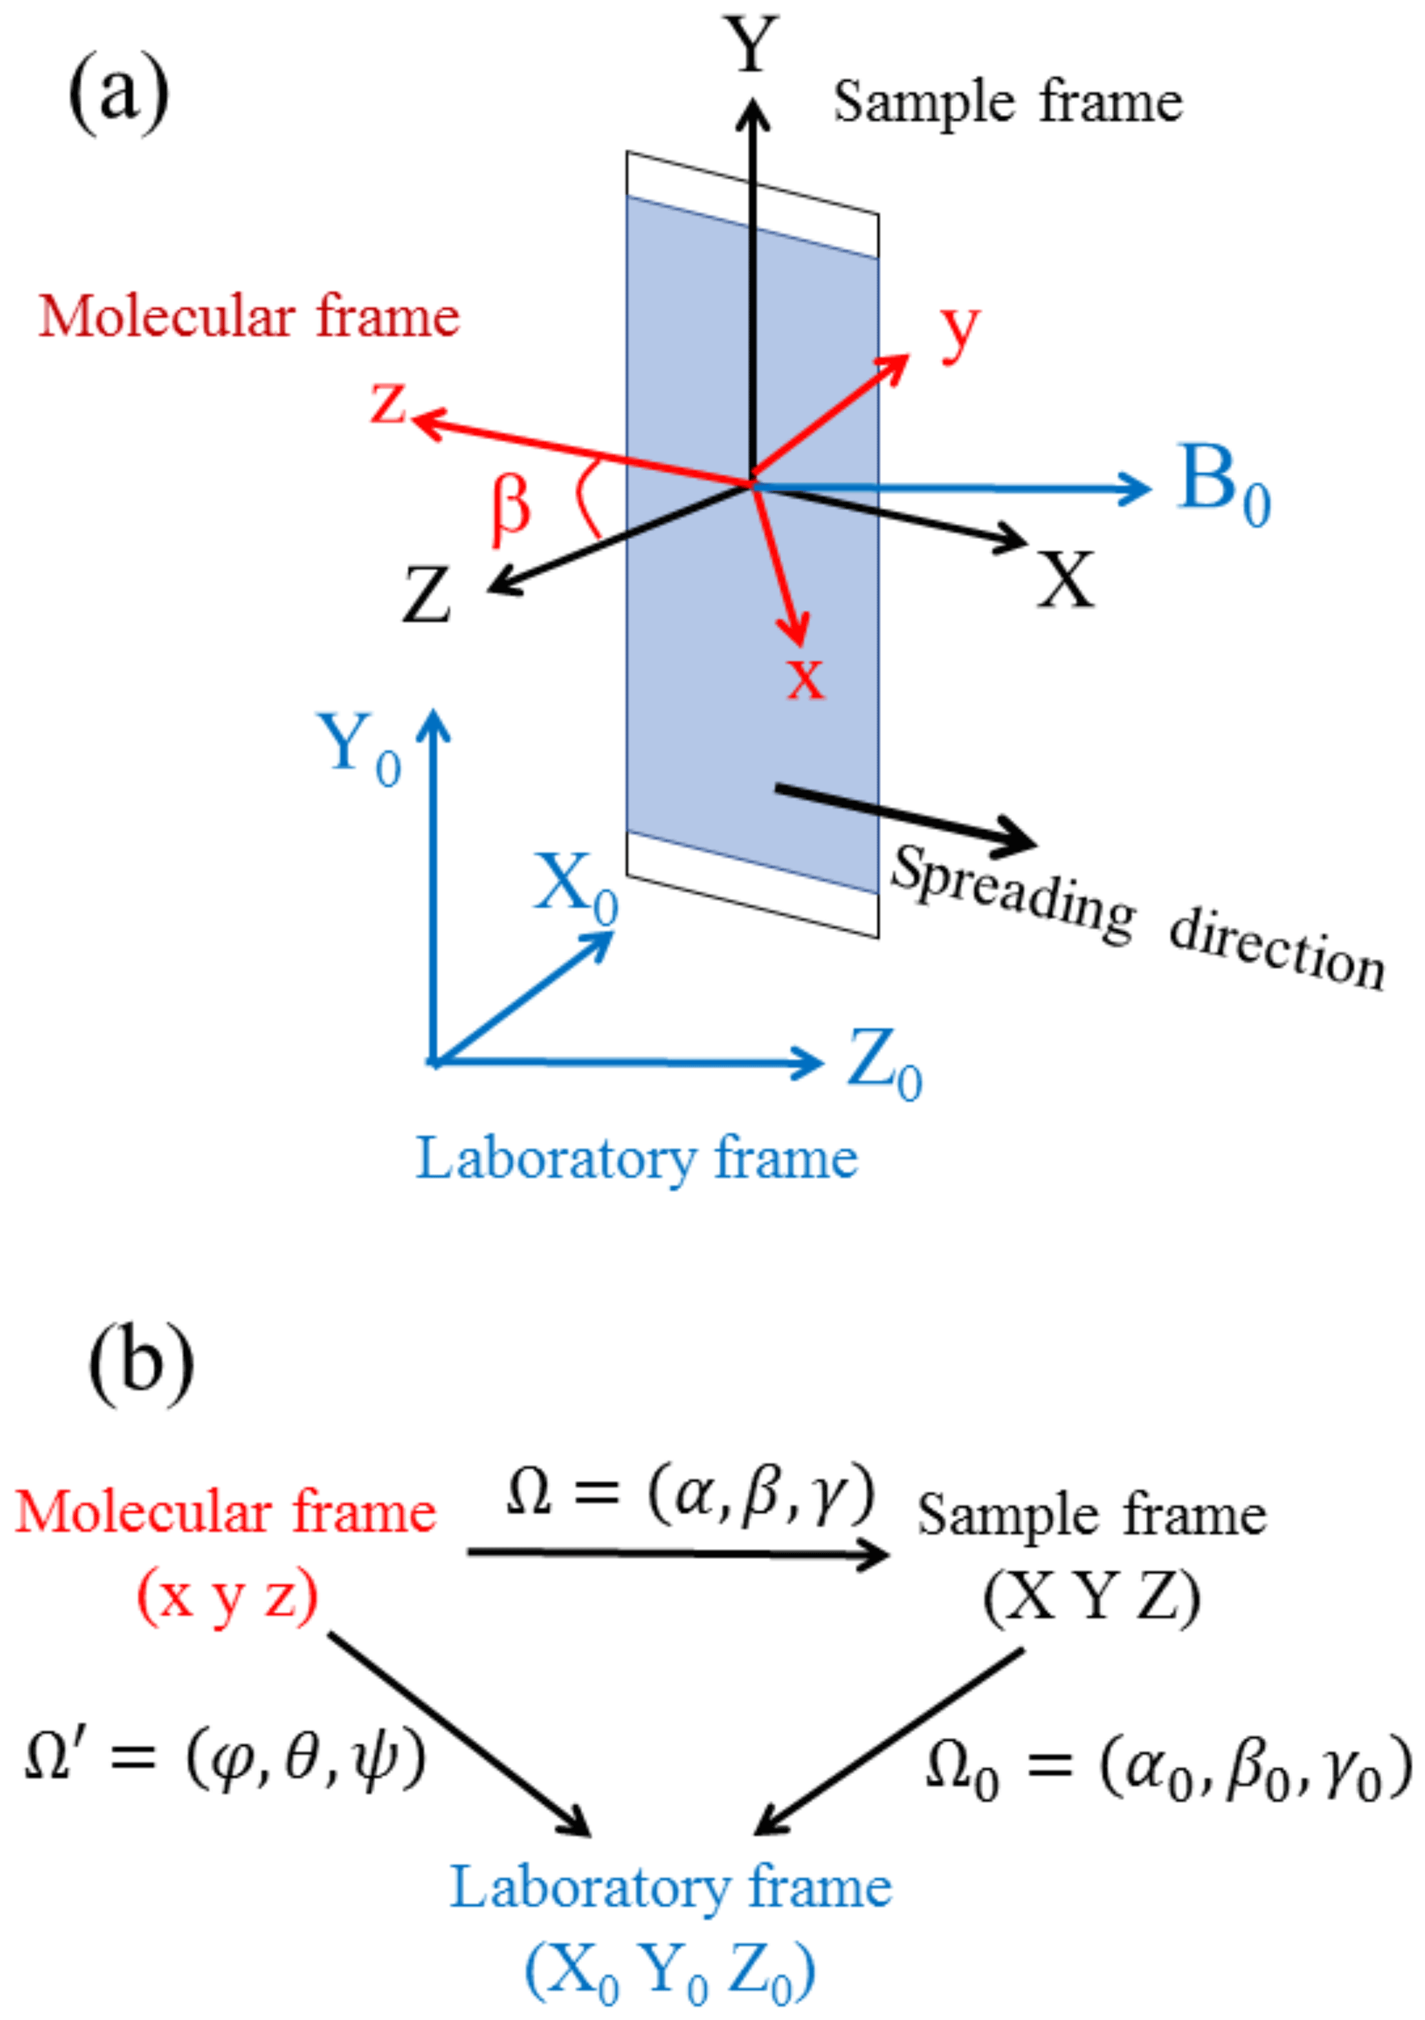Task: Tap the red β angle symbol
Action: click(x=509, y=510)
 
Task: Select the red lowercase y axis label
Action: click(x=959, y=331)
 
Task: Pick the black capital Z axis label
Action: click(x=427, y=596)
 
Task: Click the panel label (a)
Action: click(x=118, y=92)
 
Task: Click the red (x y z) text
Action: click(x=227, y=1597)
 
